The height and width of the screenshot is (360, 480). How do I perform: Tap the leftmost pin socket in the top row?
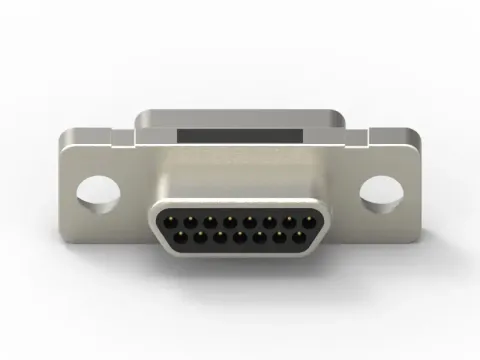point(170,219)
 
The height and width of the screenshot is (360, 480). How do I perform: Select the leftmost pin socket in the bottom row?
point(181,238)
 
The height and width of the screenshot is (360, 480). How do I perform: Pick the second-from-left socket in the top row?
point(190,219)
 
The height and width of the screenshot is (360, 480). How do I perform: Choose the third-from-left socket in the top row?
point(210,219)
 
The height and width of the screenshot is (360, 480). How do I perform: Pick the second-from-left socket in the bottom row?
point(200,238)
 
